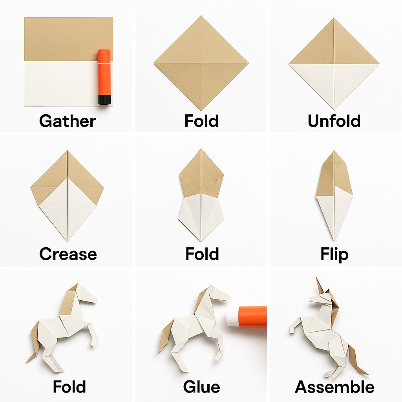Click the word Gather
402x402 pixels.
[68, 121]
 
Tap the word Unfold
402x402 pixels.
[334, 121]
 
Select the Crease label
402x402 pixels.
[68, 254]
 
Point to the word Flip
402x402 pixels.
[334, 254]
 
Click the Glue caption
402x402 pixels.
[201, 387]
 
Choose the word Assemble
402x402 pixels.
[334, 387]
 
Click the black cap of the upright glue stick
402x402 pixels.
[104, 99]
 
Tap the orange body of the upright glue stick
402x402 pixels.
[104, 72]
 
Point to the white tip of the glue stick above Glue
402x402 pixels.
[232, 317]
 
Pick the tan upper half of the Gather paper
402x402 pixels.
[68, 39]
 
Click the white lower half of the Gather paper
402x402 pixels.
[62, 84]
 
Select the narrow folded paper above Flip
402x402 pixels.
[334, 196]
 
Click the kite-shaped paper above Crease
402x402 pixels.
[67, 196]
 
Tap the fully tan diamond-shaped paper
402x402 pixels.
[201, 63]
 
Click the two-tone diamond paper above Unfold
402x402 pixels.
[334, 64]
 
